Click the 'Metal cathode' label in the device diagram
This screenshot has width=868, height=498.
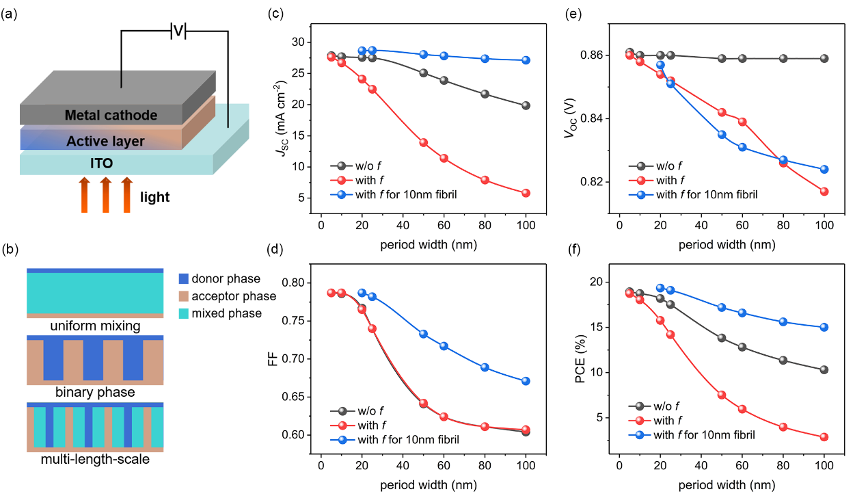click(111, 116)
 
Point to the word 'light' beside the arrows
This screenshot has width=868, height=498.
click(155, 198)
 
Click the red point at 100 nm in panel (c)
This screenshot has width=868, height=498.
click(526, 193)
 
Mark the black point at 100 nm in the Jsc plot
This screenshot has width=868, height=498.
click(526, 105)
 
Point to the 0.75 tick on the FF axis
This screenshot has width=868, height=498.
click(298, 321)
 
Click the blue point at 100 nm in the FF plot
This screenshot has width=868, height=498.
click(526, 381)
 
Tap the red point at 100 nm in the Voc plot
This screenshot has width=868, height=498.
click(824, 192)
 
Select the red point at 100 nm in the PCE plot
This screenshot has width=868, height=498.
click(824, 437)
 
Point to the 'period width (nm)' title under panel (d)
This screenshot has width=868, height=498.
click(424, 487)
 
